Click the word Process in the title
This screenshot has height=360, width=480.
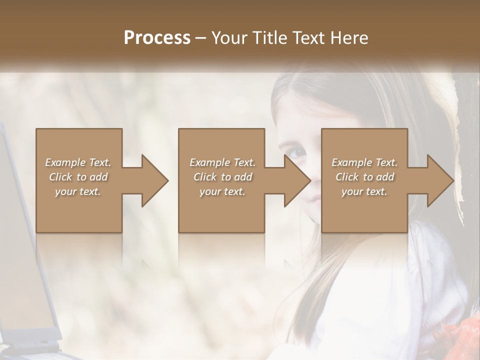click(x=157, y=38)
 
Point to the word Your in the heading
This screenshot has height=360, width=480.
click(x=228, y=38)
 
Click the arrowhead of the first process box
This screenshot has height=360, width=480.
click(x=153, y=180)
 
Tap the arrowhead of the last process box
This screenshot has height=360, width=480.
click(x=439, y=180)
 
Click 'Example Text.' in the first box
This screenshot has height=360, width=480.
click(x=78, y=162)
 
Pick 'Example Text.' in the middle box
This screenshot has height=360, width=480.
click(x=222, y=162)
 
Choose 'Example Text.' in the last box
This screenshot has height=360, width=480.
click(x=364, y=162)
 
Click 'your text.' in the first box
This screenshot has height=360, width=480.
click(x=78, y=191)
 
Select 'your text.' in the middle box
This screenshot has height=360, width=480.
click(x=222, y=191)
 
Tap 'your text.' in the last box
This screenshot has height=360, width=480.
click(x=364, y=191)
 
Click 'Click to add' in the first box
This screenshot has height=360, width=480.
click(x=78, y=177)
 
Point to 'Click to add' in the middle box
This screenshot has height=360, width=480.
click(x=222, y=177)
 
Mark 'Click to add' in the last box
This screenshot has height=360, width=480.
click(x=364, y=177)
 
